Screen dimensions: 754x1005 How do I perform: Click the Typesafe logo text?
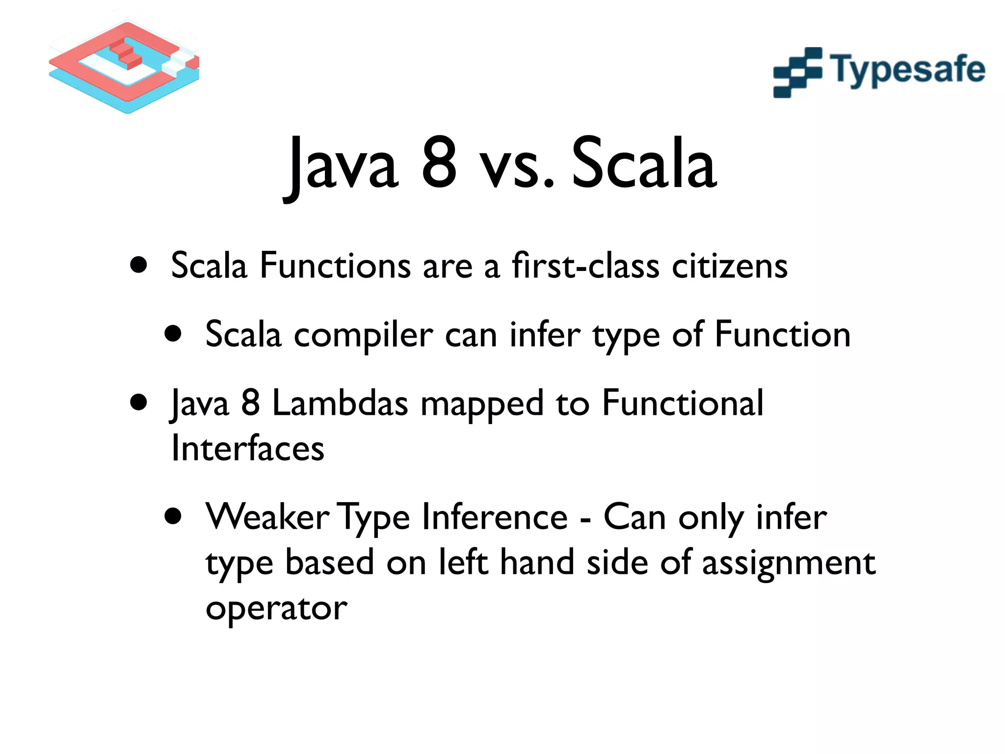pyautogui.click(x=907, y=70)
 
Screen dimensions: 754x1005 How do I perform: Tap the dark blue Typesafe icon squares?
pyautogui.click(x=797, y=73)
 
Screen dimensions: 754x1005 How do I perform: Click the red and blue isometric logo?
pyautogui.click(x=124, y=67)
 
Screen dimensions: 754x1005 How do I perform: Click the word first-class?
pyautogui.click(x=585, y=266)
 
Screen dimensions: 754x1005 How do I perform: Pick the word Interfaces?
pyautogui.click(x=248, y=448)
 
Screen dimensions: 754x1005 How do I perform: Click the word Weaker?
pyautogui.click(x=267, y=517)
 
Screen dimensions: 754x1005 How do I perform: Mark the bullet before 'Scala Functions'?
pyautogui.click(x=139, y=265)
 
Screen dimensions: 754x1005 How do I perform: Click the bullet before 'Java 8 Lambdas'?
pyautogui.click(x=139, y=403)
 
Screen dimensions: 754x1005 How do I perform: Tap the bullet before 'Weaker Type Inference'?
pyautogui.click(x=173, y=516)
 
